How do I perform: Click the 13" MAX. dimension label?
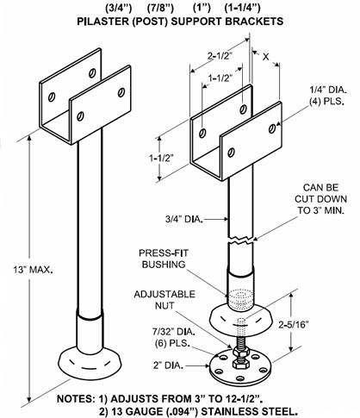click(34, 269)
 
